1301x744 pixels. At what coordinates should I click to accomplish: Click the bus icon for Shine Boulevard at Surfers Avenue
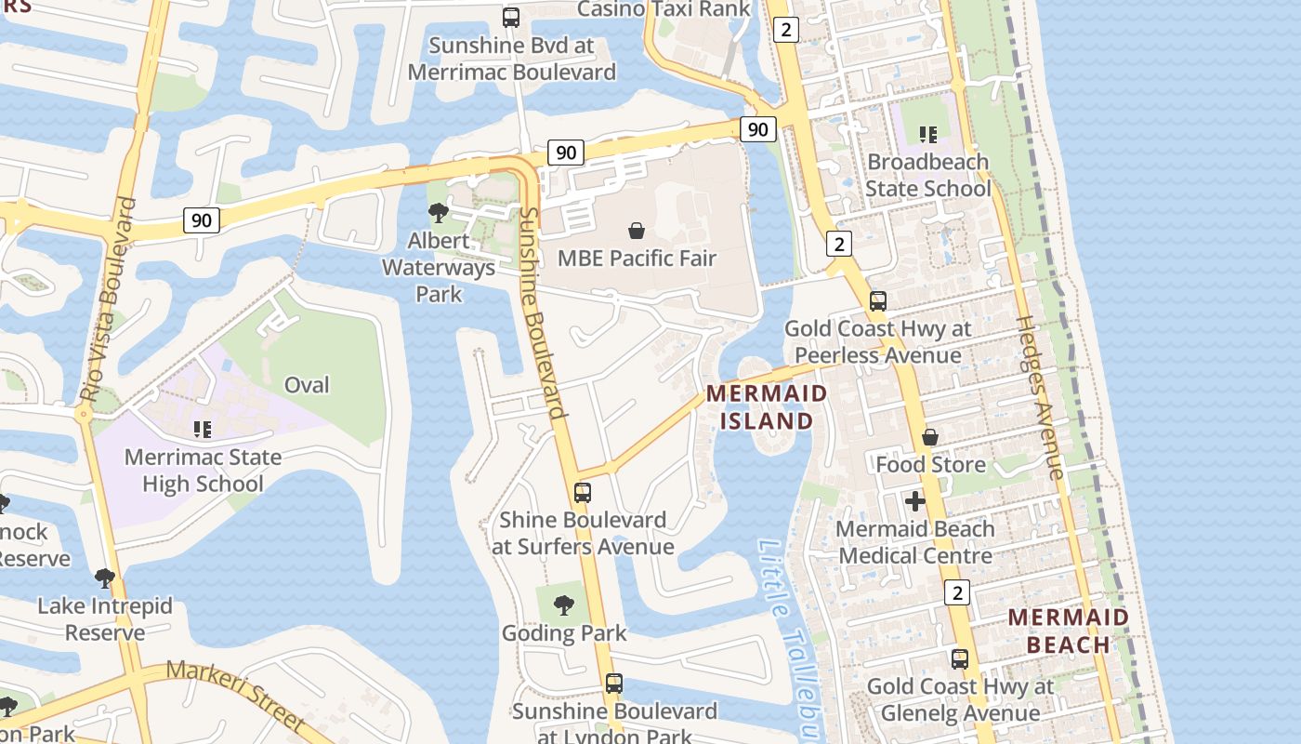[583, 493]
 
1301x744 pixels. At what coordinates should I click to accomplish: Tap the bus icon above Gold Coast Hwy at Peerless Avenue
[877, 301]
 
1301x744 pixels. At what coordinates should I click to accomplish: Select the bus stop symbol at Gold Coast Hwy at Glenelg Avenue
[959, 659]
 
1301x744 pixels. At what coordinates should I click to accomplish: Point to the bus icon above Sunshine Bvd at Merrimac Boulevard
[510, 17]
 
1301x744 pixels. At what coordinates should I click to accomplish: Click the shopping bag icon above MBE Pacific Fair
[637, 230]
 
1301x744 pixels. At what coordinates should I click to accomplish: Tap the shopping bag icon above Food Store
[929, 437]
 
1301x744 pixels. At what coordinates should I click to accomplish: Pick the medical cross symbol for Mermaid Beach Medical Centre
[915, 501]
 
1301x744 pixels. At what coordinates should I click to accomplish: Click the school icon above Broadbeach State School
[927, 135]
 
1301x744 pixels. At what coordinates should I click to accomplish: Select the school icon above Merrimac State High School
[203, 430]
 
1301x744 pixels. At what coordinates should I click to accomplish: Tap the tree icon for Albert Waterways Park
[438, 213]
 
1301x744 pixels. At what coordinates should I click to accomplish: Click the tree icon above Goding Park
[563, 605]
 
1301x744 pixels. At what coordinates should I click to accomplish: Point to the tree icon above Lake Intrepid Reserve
[105, 578]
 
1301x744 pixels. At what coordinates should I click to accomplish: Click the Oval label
[307, 384]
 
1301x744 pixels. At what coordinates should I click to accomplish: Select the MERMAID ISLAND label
[767, 406]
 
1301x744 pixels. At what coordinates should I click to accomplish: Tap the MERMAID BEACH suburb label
[1069, 631]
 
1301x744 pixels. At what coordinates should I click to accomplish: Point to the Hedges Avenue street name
[1040, 397]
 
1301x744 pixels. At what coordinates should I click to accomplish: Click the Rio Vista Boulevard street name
[110, 299]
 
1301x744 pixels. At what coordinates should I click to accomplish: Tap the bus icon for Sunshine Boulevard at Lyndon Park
[613, 684]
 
